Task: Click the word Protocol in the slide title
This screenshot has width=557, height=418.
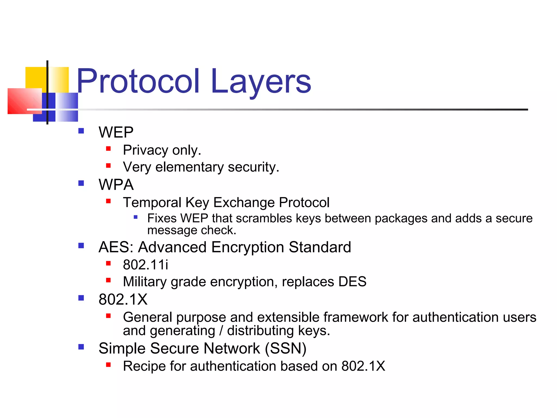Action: (138, 81)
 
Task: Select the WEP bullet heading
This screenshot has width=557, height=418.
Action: (116, 132)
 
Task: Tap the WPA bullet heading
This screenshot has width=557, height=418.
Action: (116, 185)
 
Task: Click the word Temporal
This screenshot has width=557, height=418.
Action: (152, 202)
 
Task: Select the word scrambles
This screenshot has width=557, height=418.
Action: (264, 218)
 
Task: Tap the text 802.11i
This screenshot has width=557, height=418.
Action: (146, 265)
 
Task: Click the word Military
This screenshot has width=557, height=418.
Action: (145, 282)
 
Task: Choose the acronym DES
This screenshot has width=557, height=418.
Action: (352, 281)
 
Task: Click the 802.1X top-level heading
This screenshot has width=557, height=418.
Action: (123, 299)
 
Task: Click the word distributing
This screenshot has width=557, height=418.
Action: (260, 331)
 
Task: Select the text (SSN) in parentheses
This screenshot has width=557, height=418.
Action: (286, 348)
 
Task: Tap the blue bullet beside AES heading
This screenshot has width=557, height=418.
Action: (81, 246)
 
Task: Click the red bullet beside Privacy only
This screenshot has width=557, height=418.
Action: (109, 149)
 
